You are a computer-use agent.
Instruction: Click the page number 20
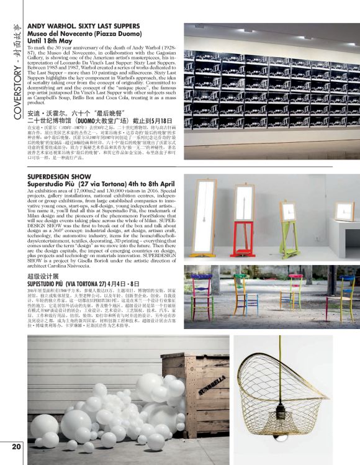click(16, 447)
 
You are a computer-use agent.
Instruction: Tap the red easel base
click(238, 228)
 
